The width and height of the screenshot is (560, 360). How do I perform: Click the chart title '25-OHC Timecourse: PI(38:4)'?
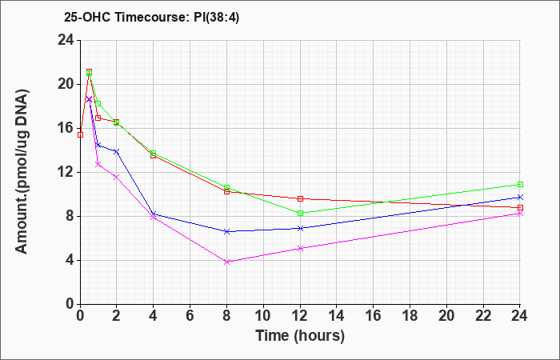point(151,17)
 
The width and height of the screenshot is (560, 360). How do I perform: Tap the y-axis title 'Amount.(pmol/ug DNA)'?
point(22,172)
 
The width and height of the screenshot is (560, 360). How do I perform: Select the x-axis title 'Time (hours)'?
point(300,336)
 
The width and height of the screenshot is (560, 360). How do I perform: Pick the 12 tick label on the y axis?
point(66,173)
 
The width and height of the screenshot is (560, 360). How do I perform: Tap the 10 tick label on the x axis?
point(263,316)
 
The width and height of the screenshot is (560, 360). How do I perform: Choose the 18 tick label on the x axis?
point(410,316)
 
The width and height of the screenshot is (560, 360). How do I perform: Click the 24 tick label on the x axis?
point(519,316)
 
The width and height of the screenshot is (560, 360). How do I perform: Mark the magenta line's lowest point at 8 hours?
point(226,262)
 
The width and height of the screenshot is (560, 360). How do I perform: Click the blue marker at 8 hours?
point(226,231)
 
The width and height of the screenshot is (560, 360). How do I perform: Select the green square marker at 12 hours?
point(300,214)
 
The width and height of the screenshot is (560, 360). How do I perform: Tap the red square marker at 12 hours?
point(300,198)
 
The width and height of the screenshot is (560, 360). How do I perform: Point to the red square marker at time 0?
point(80,134)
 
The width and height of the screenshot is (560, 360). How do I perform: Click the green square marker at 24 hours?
point(520,184)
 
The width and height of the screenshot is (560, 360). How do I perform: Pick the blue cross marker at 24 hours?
point(520,197)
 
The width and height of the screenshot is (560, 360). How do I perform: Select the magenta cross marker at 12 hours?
point(300,248)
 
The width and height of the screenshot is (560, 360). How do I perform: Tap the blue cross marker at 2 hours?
point(117,151)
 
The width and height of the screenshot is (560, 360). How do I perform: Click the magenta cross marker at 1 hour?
point(98,164)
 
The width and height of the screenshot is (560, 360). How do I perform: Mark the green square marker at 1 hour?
point(98,103)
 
